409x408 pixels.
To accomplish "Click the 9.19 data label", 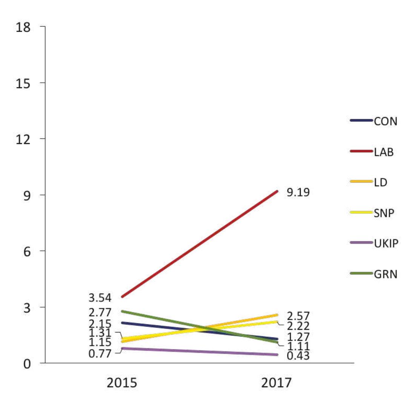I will pos(298,193).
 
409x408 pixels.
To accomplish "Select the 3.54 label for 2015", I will pos(100,298).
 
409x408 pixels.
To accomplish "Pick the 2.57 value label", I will pos(298,316).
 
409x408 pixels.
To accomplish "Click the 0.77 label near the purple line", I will pos(100,354).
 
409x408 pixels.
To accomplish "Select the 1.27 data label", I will pos(298,337).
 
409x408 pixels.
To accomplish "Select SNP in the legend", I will pos(384,213).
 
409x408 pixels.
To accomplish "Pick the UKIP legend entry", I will pos(386,243).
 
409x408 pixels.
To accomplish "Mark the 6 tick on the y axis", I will pos(27,251).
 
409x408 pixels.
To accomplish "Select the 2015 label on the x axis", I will pos(122,383).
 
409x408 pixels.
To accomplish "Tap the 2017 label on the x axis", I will pos(277,383).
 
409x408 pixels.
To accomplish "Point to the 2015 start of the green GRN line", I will pos(122,311).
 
